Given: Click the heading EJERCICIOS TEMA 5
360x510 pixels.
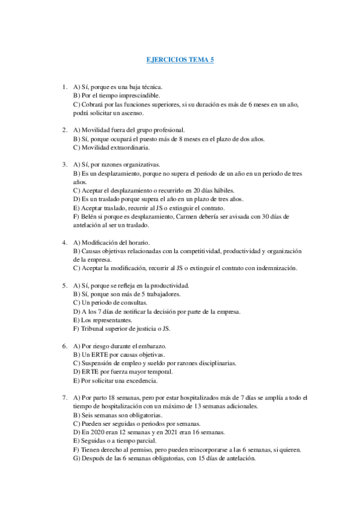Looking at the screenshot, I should coord(180,60).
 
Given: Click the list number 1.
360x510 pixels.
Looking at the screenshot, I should coord(64,87).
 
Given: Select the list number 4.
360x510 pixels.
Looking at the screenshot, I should coord(64,242).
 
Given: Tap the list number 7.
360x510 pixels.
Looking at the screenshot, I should coord(64,398).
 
